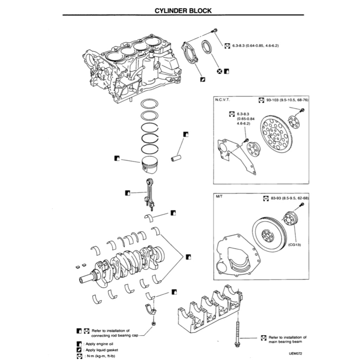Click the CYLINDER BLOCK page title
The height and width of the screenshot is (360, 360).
[x=183, y=11]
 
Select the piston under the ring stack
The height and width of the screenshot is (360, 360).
[x=150, y=165]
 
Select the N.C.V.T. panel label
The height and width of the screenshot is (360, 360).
[x=223, y=100]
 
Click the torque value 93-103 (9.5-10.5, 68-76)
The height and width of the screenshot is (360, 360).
[x=287, y=100]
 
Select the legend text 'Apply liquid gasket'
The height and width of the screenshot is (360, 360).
[x=102, y=350]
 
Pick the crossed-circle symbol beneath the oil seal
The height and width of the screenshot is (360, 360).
[x=219, y=71]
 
